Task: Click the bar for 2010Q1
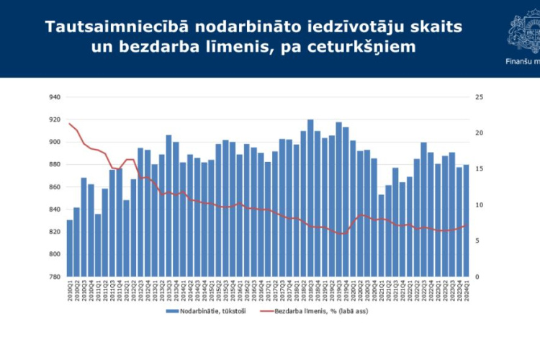[x=70, y=248]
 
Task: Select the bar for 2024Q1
[x=466, y=221]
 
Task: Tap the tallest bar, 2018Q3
[x=310, y=198]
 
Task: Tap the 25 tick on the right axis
[x=479, y=97]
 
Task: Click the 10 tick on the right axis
[x=479, y=205]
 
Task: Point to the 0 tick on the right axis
[x=477, y=277]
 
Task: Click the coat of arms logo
[x=524, y=29]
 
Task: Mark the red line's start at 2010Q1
[x=70, y=124]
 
